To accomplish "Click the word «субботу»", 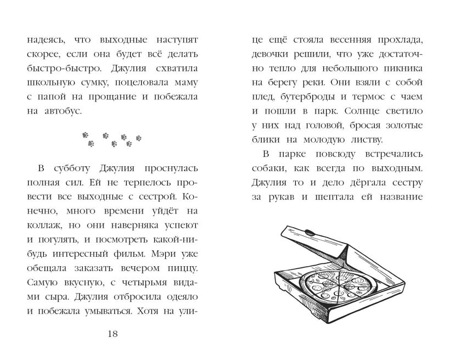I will point(70,167).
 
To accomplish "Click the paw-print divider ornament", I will point(112,139).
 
